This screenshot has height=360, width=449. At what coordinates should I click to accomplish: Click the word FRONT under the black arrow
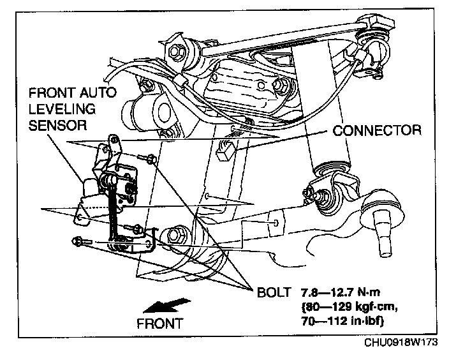click(159, 322)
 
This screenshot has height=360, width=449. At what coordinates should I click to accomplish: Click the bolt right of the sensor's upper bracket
click(152, 160)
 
